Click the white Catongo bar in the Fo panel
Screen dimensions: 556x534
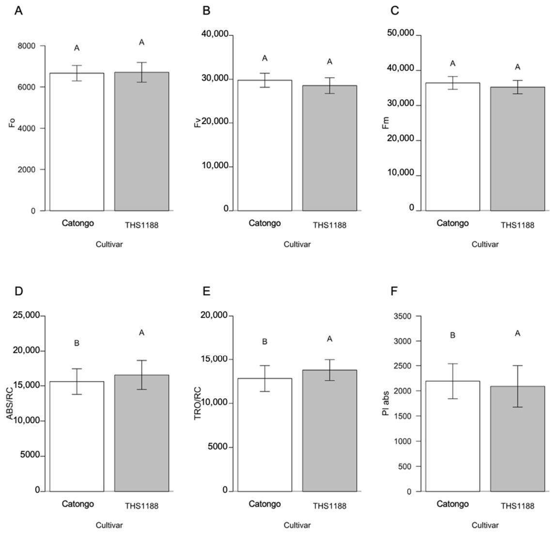pos(77,142)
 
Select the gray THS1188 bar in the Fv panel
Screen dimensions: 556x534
pos(329,148)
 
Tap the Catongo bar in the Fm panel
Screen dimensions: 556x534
pos(452,147)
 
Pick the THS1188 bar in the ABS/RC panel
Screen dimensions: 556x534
pos(141,433)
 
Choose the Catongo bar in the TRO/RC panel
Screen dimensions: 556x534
pos(264,435)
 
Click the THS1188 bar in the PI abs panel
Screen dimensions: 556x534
pos(517,439)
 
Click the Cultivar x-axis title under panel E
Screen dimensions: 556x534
pos(297,525)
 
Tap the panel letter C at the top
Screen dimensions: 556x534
pos(394,11)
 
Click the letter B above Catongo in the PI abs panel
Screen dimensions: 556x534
pos(452,335)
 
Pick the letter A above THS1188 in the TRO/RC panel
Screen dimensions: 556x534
pos(329,339)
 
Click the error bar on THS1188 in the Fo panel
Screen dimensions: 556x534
pos(141,72)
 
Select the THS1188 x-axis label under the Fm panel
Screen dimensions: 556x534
pos(517,225)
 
